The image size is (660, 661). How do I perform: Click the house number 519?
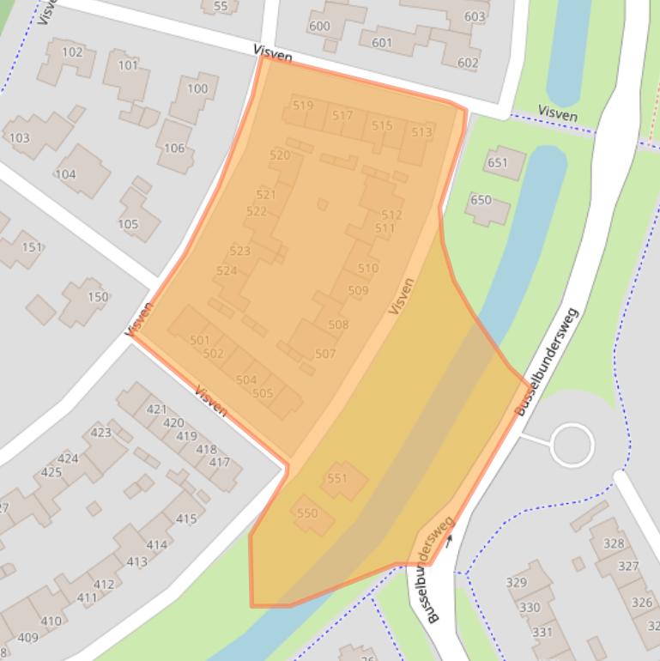302,106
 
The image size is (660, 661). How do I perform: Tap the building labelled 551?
336,478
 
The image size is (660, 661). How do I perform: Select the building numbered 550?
306,513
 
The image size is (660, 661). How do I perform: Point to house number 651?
498,163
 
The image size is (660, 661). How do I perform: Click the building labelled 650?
481,200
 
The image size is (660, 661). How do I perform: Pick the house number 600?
319,26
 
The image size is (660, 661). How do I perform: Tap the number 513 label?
421,132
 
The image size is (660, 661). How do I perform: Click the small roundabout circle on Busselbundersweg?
572,446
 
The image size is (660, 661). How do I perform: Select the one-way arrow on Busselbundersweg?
448,541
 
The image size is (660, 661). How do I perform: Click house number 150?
98,297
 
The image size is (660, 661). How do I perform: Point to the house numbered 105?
128,224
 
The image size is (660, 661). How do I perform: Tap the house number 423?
100,433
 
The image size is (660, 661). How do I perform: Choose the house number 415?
186,518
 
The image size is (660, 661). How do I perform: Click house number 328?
614,543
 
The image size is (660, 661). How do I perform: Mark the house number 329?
516,582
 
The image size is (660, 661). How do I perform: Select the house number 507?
325,354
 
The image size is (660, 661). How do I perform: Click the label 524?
227,270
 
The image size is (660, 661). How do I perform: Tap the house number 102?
72,52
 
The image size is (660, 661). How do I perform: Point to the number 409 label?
27,637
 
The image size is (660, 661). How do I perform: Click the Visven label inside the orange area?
401,295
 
